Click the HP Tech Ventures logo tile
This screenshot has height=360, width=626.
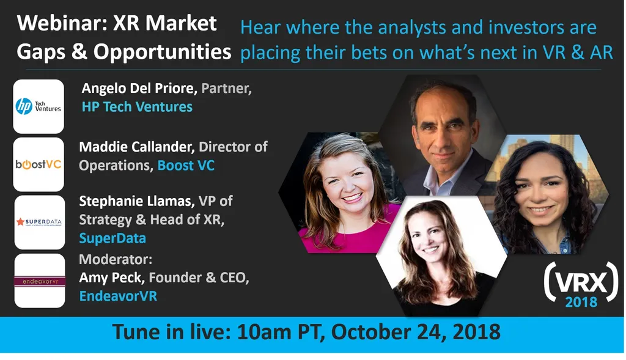point(39,106)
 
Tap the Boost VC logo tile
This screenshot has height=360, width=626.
point(39,164)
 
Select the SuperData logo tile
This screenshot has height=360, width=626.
point(39,222)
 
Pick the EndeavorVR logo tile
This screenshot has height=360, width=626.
point(39,281)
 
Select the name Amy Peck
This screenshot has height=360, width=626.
point(111,278)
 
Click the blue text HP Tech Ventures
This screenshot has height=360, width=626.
point(137,107)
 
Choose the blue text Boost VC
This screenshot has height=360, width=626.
point(186,166)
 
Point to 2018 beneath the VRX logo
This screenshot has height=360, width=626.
point(581,302)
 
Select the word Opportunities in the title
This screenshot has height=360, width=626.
point(162,52)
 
